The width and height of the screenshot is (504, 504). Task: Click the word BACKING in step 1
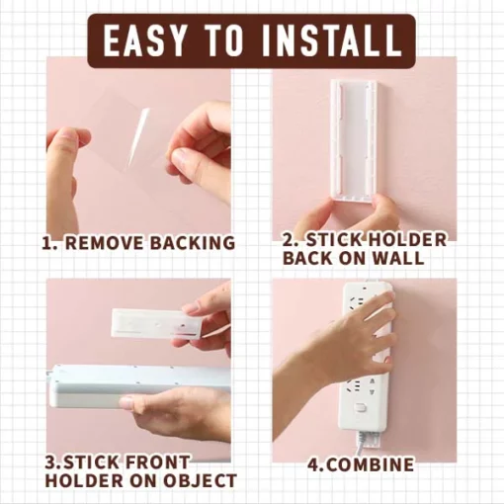coord(193,243)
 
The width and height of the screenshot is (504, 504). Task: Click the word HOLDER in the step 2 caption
coord(407,239)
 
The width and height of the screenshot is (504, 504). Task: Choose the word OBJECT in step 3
coord(200,480)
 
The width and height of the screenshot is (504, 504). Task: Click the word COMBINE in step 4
coord(371,464)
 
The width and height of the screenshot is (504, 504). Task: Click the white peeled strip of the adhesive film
coord(137,136)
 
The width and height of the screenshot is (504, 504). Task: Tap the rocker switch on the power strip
coord(360,408)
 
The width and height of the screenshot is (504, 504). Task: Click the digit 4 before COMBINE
coord(313,464)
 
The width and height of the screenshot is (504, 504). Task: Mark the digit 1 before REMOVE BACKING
coord(47,243)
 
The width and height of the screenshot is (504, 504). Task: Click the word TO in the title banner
coord(224,41)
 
